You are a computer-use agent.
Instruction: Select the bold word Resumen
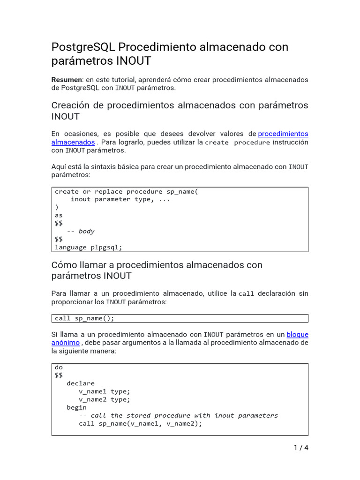[66, 80]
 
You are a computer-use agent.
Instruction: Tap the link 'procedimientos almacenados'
[283, 134]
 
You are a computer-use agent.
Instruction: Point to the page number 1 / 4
[300, 448]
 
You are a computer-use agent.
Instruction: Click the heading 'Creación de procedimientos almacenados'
[180, 105]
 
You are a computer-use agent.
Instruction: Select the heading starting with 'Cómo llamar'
[157, 265]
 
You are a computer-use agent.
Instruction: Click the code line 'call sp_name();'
[84, 318]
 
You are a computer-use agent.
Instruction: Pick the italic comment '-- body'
[80, 231]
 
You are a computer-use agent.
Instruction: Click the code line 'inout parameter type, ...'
[120, 199]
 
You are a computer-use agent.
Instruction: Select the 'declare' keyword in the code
[80, 383]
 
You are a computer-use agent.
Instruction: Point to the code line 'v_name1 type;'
[104, 391]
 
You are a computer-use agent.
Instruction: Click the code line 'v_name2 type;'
[104, 399]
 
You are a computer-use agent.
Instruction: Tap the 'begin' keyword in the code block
[76, 407]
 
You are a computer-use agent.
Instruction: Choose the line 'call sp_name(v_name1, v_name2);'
[140, 423]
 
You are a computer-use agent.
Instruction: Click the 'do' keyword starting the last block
[59, 367]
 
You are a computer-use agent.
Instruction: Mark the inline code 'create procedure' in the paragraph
[237, 142]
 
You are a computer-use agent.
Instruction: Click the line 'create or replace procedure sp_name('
[127, 191]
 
